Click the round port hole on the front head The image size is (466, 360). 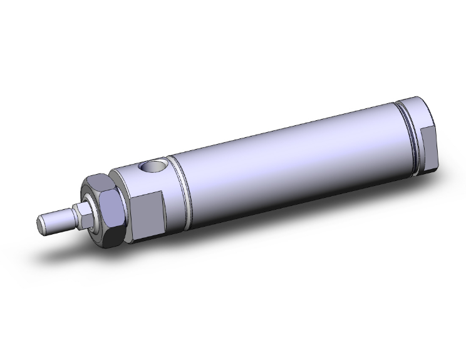tap(152, 168)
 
